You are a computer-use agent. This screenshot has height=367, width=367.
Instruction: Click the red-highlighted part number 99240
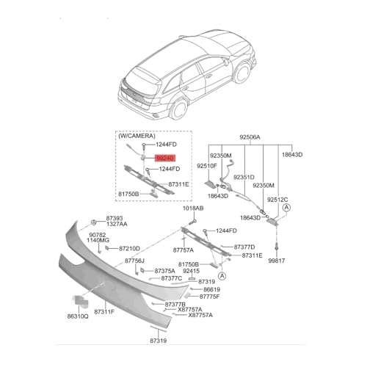[165, 159]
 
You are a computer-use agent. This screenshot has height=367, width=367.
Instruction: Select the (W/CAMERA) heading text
[137, 136]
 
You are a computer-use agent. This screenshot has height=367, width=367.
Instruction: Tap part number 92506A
[250, 137]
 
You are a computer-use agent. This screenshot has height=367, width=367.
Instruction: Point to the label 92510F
[207, 166]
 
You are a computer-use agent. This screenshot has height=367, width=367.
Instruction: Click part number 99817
[277, 261]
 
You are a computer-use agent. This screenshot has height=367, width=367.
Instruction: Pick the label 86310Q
[78, 316]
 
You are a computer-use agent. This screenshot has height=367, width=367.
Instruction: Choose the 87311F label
[104, 312]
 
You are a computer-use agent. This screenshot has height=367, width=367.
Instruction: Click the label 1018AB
[193, 208]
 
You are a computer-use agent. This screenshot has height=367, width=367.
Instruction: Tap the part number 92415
[192, 271]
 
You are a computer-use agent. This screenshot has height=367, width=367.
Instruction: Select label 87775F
[210, 297]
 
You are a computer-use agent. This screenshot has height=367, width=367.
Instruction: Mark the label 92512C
[277, 200]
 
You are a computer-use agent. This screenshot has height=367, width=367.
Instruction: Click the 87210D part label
[129, 249]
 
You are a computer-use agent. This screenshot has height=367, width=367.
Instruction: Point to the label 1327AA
[117, 224]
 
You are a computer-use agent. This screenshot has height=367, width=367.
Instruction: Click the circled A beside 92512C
[286, 208]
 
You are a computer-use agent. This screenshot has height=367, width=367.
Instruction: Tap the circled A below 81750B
[222, 276]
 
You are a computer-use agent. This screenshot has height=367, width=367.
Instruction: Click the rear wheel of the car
[179, 109]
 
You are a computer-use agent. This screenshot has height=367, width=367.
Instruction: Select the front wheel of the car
[242, 73]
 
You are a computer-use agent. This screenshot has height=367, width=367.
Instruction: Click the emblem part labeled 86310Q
[80, 301]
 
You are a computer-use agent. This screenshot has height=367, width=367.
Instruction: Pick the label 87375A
[165, 271]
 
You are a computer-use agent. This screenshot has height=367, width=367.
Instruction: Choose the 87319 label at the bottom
[159, 341]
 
